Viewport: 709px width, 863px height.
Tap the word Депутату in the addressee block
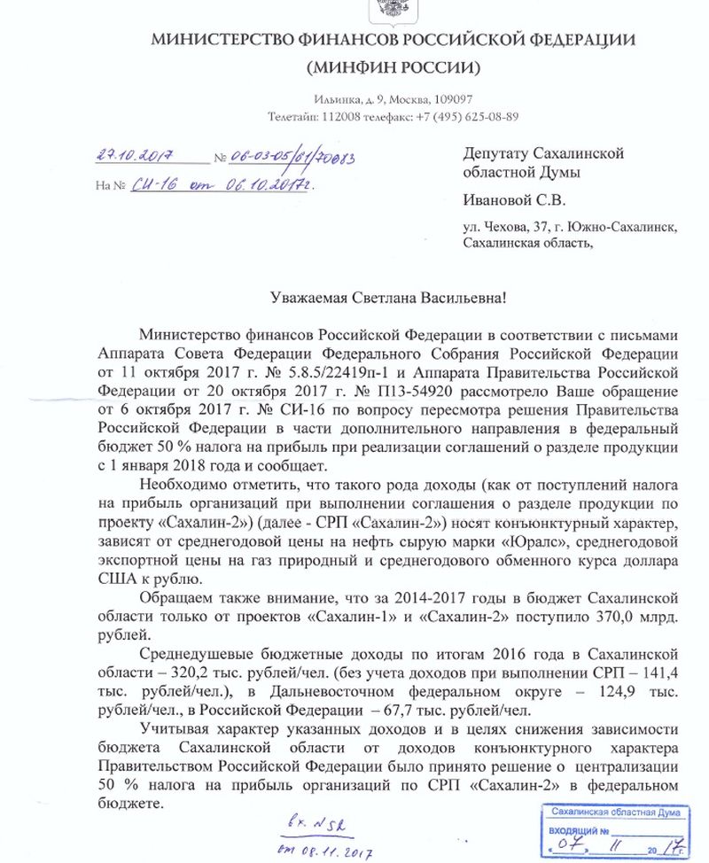click(x=499, y=153)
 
